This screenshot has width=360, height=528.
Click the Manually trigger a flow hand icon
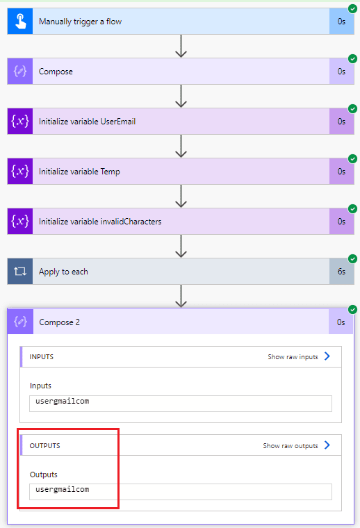(x=20, y=22)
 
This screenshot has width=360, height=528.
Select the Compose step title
(x=56, y=72)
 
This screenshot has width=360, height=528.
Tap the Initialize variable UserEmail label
(x=88, y=121)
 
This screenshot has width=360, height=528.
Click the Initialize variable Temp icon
(x=20, y=171)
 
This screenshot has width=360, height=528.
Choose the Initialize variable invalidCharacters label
(x=100, y=221)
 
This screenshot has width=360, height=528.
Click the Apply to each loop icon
(x=20, y=271)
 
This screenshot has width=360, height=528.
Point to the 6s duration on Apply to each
(x=341, y=272)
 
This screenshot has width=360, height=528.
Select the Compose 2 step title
(x=59, y=322)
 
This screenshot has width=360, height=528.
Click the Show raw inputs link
(x=293, y=356)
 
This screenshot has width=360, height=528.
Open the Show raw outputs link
(x=291, y=445)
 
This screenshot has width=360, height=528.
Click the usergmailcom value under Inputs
(x=63, y=401)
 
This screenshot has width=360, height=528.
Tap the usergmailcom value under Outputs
(x=63, y=489)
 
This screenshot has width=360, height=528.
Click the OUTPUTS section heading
(x=44, y=445)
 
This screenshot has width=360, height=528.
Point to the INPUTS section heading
(x=42, y=356)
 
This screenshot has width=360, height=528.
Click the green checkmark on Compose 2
(x=352, y=309)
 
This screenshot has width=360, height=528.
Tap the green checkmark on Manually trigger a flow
(x=352, y=8)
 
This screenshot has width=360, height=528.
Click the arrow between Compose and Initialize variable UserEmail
(x=181, y=96)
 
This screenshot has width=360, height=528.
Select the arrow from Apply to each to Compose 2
(x=181, y=296)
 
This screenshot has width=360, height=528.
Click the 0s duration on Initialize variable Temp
(x=341, y=172)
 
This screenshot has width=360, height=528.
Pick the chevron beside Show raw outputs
(x=327, y=445)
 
